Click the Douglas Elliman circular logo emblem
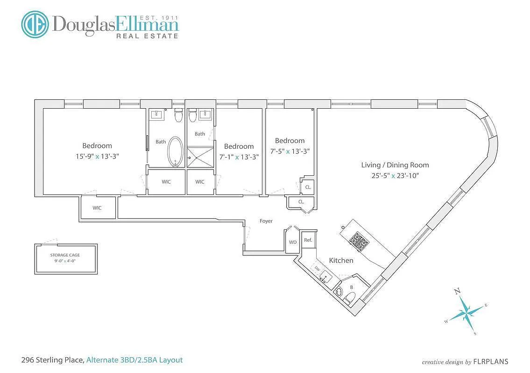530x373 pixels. [35, 24]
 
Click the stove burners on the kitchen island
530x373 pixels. [359, 240]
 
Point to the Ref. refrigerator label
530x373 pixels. [308, 240]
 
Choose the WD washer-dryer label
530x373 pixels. [293, 242]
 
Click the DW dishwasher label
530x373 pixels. [317, 269]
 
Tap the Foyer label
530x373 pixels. [266, 221]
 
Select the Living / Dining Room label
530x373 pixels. [395, 165]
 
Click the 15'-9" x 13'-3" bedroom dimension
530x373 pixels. [97, 156]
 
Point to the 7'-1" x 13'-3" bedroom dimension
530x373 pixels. [239, 157]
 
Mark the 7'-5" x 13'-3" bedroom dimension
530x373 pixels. [290, 151]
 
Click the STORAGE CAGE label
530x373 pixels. [65, 255]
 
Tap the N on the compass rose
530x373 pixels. [457, 291]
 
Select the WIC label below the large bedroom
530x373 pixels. [97, 208]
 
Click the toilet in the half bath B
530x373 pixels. [349, 298]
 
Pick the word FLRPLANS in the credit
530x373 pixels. [491, 361]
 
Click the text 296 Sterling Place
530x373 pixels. [52, 360]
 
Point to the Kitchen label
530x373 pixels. [341, 260]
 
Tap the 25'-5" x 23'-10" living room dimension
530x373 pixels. [395, 175]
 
